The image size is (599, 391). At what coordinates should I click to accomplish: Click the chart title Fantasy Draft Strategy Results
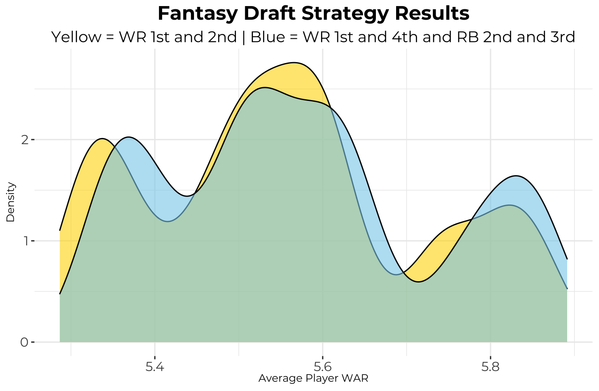[313, 14]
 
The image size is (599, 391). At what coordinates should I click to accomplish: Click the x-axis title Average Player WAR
[313, 378]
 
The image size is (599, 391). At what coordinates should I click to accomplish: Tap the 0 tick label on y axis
[24, 342]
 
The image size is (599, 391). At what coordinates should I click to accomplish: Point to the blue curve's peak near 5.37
[129, 137]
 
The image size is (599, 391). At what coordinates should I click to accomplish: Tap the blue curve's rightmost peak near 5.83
[516, 176]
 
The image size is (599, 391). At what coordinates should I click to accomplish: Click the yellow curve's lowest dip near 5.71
[419, 282]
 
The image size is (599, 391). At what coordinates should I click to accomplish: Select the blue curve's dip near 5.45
[186, 196]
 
